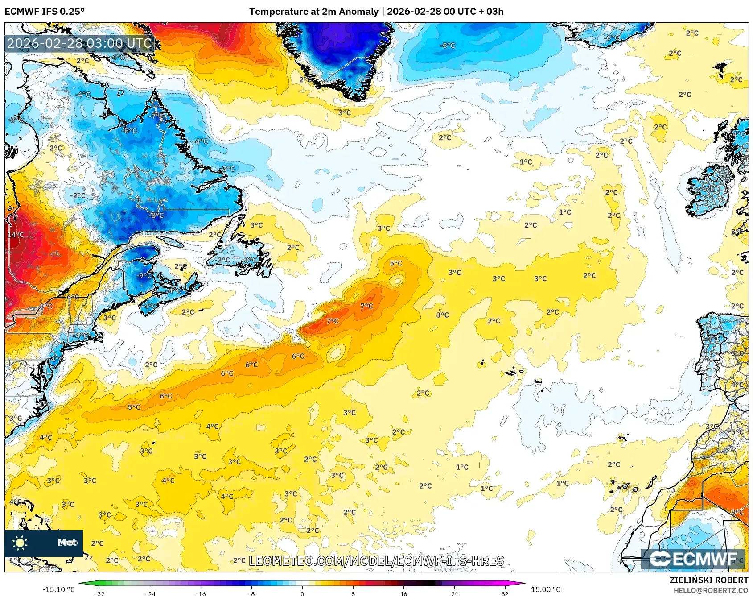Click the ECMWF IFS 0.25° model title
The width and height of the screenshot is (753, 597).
pyautogui.click(x=45, y=12)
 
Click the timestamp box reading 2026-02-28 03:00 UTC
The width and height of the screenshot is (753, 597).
pyautogui.click(x=79, y=43)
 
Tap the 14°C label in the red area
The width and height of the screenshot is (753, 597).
pyautogui.click(x=16, y=235)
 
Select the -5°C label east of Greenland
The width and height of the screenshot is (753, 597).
pyautogui.click(x=448, y=46)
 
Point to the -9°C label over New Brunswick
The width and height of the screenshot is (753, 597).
pyautogui.click(x=145, y=275)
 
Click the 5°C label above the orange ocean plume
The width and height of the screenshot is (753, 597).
pyautogui.click(x=396, y=263)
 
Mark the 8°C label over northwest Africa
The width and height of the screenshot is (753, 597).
pyautogui.click(x=737, y=512)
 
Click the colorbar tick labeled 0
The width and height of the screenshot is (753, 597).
pyautogui.click(x=302, y=593)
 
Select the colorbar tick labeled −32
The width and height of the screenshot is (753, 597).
pyautogui.click(x=99, y=593)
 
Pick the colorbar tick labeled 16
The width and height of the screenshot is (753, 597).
pyautogui.click(x=403, y=593)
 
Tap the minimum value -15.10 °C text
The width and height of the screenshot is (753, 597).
pyautogui.click(x=58, y=589)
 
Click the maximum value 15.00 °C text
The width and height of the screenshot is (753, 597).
pyautogui.click(x=545, y=589)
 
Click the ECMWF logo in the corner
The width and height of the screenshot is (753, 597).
pyautogui.click(x=693, y=559)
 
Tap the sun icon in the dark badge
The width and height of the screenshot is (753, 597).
pyautogui.click(x=20, y=543)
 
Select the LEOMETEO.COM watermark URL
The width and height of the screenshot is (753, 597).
pyautogui.click(x=376, y=561)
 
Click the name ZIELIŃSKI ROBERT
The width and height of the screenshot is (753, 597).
pyautogui.click(x=708, y=580)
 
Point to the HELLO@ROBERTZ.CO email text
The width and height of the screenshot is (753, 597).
pyautogui.click(x=710, y=590)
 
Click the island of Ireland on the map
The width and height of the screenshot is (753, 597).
pyautogui.click(x=709, y=190)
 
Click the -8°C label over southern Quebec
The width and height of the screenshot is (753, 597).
pyautogui.click(x=156, y=215)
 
